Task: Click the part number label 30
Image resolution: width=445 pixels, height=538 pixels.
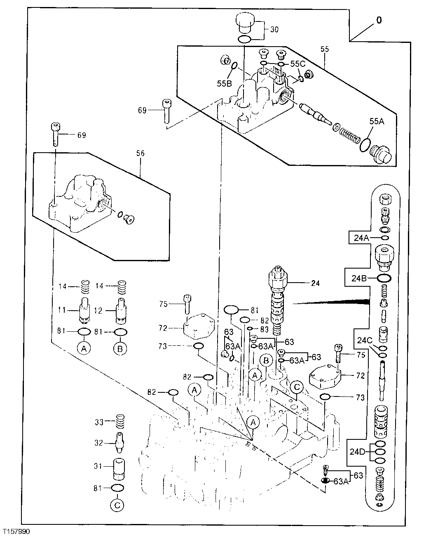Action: coord(274,30)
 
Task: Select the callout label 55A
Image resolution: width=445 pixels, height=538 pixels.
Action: coord(376,121)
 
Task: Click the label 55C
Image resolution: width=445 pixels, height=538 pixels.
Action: coord(298,64)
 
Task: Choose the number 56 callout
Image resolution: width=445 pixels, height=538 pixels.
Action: coord(140,153)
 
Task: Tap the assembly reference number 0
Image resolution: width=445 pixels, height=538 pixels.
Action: coord(379,20)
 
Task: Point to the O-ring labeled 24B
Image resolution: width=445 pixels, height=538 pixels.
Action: coord(384,278)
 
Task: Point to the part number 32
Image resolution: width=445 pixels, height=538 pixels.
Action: coord(99,443)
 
